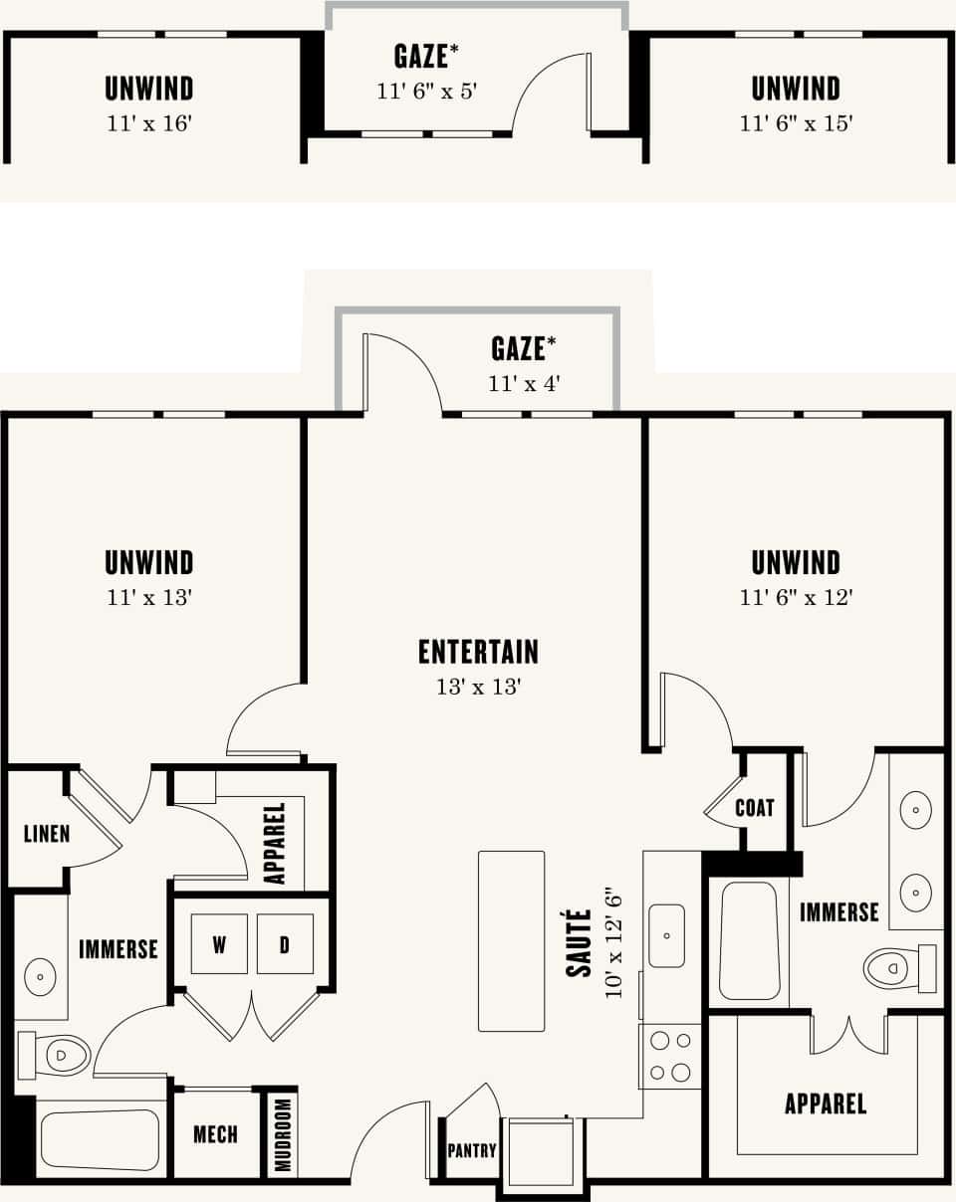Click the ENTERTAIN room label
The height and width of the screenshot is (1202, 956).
tap(478, 652)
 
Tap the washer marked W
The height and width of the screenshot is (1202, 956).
tap(219, 943)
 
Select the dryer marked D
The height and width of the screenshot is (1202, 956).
tap(285, 943)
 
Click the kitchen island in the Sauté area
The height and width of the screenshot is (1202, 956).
tap(511, 940)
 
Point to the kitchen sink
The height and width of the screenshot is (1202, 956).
tap(666, 935)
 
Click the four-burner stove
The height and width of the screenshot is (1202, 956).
tap(669, 1056)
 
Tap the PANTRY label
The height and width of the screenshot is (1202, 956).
tap(471, 1151)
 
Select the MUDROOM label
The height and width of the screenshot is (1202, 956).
tap(283, 1134)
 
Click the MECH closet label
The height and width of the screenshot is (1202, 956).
tap(215, 1134)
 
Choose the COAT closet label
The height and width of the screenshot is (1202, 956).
tap(754, 808)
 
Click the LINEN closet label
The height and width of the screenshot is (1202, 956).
tap(47, 833)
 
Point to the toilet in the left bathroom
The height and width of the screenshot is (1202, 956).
tap(56, 1054)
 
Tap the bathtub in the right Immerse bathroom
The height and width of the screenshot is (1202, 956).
tap(748, 940)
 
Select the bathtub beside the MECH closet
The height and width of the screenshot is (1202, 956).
tap(100, 1139)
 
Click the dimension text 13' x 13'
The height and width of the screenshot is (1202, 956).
tap(478, 687)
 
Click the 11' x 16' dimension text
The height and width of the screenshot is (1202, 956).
tap(148, 123)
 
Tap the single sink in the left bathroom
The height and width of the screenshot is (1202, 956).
tap(41, 977)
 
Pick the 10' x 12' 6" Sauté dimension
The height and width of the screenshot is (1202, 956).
tap(614, 940)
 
